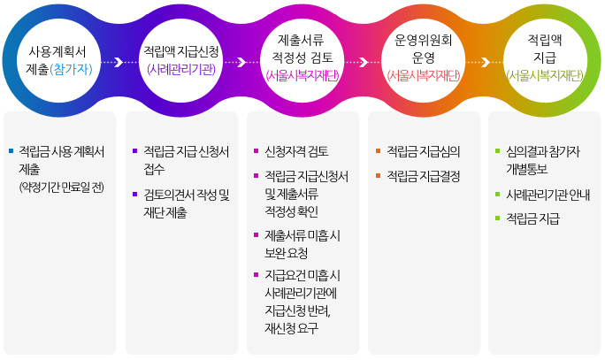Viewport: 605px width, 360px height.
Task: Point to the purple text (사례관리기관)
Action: click(x=180, y=69)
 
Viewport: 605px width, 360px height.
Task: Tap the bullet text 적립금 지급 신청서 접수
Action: click(x=185, y=159)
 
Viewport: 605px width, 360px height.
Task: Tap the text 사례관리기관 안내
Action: click(x=548, y=194)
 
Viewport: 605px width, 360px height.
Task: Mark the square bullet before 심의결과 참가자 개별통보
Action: click(x=498, y=150)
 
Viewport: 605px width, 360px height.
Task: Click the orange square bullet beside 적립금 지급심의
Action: click(x=378, y=150)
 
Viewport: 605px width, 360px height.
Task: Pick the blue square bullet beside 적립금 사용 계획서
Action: click(x=10, y=150)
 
